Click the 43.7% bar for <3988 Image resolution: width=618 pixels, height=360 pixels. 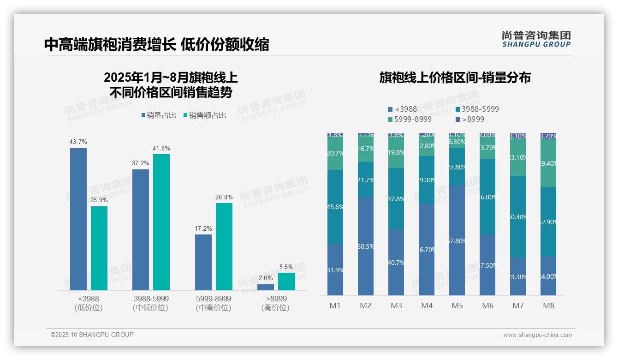coord(78,219)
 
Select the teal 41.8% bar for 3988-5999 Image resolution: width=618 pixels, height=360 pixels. coord(161,222)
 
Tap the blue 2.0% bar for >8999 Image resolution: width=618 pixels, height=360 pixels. coord(265,287)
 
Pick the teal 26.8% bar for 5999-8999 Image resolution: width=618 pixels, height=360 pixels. coord(224,246)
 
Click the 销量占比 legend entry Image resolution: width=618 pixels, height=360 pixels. coord(158,115)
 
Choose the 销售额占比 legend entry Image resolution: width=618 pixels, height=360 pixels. coord(205,115)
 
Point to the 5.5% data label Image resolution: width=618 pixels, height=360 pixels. coord(286,267)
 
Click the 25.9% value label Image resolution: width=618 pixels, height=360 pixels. coord(99,200)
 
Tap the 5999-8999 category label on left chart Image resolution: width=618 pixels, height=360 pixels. coord(213,299)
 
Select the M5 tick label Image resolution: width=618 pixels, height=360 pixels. coord(457,306)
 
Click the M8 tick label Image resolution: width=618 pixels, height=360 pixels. coord(548,306)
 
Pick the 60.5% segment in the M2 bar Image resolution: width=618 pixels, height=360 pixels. coord(365,246)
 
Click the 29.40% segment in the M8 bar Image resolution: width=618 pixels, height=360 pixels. coord(548,163)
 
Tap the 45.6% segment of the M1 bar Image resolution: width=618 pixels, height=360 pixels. coord(335,207)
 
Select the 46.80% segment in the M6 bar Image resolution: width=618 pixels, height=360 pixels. coord(487,197)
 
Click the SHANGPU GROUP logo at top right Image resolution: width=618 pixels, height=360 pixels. coord(536,39)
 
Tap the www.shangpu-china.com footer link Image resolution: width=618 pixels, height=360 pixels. coord(537,335)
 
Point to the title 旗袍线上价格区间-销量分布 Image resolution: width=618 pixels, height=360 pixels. coord(455,78)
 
